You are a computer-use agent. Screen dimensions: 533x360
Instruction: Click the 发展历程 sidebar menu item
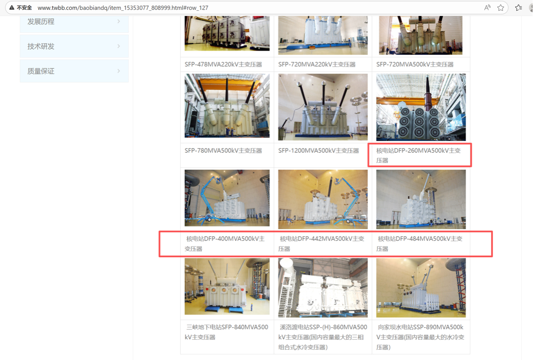(74, 22)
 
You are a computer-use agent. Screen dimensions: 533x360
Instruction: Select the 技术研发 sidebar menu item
(74, 46)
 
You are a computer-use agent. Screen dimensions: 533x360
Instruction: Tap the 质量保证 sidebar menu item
(74, 71)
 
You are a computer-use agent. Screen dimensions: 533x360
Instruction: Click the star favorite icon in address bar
(500, 7)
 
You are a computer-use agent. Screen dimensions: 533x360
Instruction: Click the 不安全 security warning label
(21, 7)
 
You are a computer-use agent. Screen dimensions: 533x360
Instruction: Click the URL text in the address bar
(123, 7)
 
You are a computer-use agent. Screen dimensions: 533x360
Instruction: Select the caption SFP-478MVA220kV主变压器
(223, 64)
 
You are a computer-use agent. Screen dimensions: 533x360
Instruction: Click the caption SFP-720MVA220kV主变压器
(317, 64)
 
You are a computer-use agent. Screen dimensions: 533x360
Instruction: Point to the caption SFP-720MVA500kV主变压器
(415, 64)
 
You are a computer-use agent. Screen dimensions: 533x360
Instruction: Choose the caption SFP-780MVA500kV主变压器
(223, 150)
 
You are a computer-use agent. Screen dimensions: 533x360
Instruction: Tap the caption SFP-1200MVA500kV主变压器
(318, 150)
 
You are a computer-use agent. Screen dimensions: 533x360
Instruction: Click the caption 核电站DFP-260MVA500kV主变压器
(418, 155)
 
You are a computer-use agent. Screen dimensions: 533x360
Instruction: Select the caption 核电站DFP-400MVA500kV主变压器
(225, 244)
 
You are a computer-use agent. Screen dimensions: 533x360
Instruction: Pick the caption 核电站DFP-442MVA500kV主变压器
(321, 244)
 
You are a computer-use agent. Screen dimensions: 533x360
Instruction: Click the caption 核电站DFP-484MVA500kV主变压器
(420, 244)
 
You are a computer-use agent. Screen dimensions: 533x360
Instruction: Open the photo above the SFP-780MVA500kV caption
(227, 105)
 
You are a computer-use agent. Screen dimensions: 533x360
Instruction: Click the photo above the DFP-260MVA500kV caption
(421, 107)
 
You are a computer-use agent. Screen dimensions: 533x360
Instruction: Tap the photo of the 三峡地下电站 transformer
(227, 286)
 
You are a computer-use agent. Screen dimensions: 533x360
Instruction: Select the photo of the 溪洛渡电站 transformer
(323, 287)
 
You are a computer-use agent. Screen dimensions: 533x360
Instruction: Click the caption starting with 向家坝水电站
(420, 337)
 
